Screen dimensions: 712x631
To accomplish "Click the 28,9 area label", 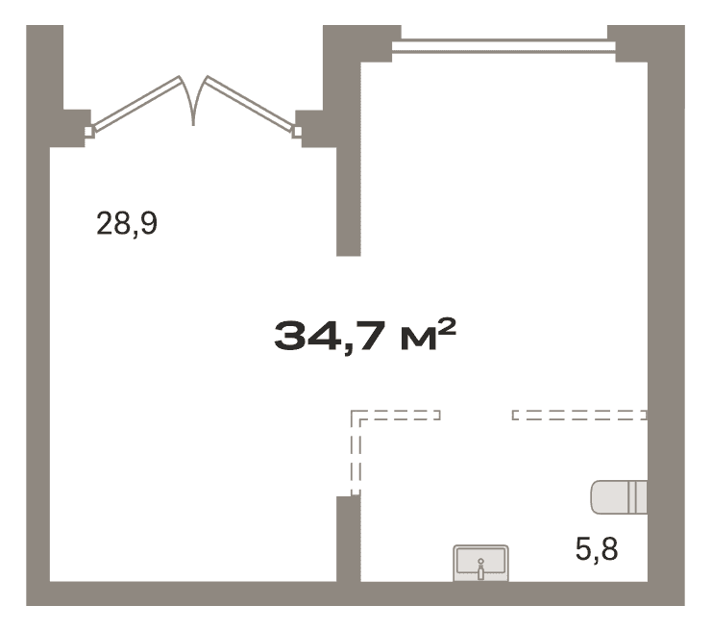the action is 127,223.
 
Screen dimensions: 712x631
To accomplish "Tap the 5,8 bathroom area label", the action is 597,548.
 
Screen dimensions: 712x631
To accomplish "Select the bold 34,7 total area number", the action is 328,336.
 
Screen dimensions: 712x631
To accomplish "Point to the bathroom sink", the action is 480,563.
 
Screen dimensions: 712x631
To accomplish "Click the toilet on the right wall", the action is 619,497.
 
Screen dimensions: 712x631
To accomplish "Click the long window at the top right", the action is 503,46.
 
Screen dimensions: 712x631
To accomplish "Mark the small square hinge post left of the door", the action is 89,132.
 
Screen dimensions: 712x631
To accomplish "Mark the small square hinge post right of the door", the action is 297,132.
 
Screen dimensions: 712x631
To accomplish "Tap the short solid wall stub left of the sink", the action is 348,539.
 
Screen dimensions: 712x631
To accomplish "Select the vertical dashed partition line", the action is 356,453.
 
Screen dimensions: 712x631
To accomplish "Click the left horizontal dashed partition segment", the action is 396,415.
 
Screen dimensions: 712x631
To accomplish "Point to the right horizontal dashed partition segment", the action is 579,415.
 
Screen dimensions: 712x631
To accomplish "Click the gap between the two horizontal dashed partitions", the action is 477,415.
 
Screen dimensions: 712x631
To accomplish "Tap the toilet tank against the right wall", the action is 637,497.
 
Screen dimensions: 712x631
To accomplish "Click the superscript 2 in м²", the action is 447,325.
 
